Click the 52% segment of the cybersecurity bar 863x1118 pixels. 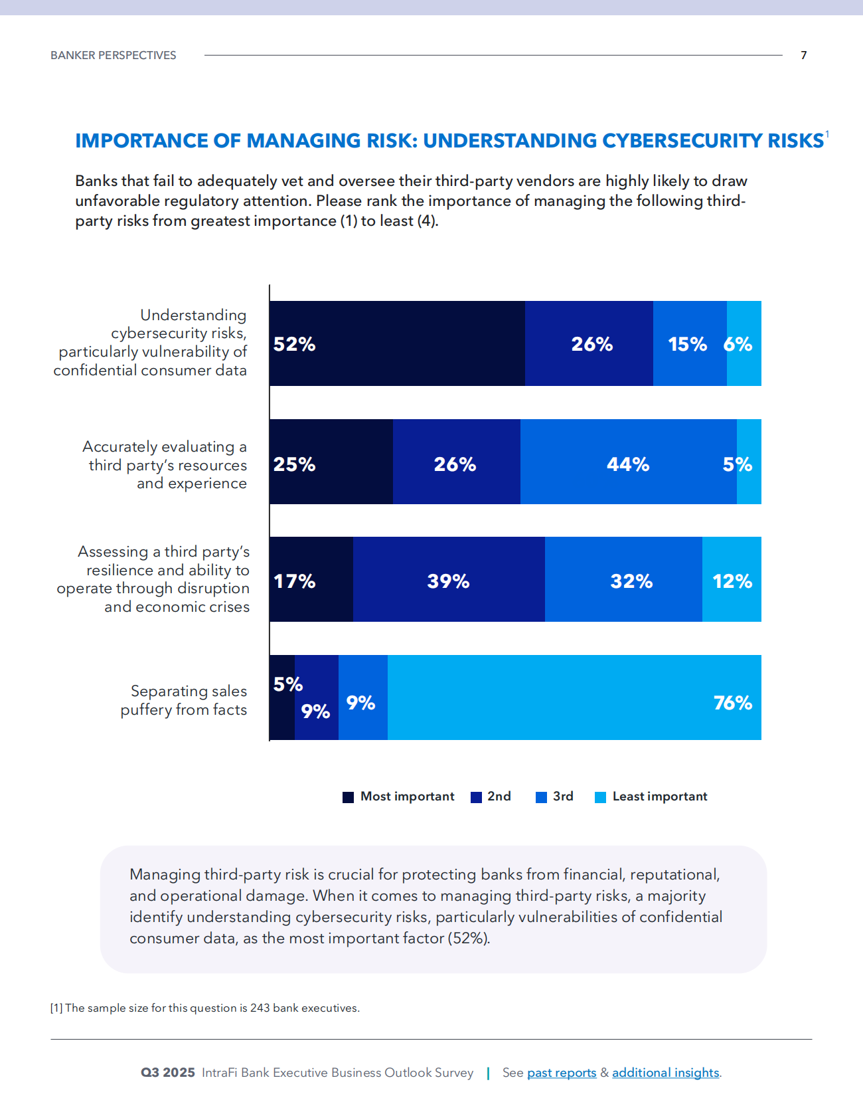(397, 343)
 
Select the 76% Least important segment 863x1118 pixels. (574, 698)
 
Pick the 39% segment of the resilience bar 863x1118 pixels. (449, 579)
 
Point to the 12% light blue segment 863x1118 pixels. (732, 579)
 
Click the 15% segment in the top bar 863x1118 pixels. (689, 343)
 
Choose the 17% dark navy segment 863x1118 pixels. (311, 579)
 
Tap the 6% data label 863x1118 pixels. (738, 344)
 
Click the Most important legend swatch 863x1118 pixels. (348, 797)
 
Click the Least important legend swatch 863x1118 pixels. (600, 797)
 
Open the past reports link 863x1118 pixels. (562, 1073)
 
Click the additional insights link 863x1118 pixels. (665, 1073)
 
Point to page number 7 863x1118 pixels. (803, 55)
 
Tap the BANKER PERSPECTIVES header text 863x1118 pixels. (114, 55)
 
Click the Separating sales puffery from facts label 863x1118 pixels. (183, 700)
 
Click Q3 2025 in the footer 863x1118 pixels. (167, 1073)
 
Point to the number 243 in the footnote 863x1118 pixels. (260, 1008)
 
